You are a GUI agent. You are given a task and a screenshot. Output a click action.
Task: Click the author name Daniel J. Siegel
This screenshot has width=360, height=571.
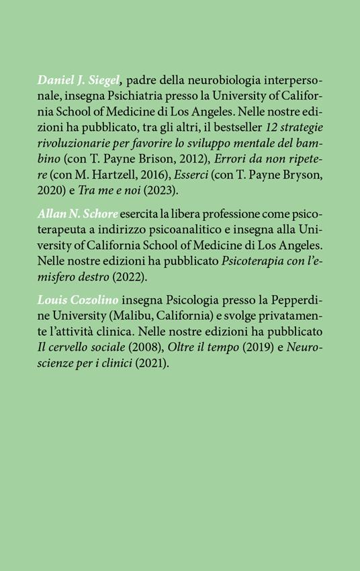(x=79, y=81)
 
